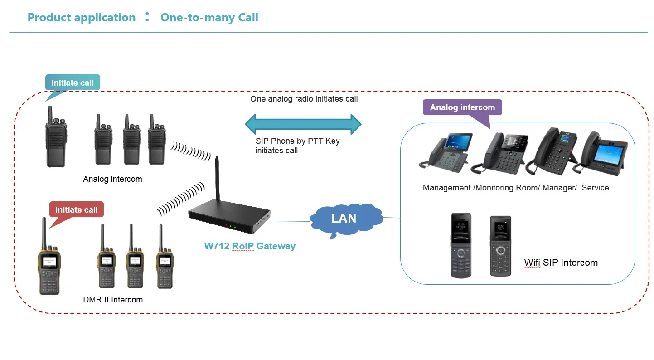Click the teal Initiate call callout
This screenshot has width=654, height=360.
click(x=73, y=83)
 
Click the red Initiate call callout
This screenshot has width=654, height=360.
click(x=76, y=209)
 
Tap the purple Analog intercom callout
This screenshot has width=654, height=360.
click(x=462, y=107)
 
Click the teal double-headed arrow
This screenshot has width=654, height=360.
click(x=303, y=123)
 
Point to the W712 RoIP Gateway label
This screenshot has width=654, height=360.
click(x=250, y=246)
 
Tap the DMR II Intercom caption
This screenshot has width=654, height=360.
click(x=113, y=299)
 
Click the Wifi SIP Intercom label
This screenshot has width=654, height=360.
click(x=561, y=262)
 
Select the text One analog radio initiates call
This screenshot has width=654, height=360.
click(x=304, y=98)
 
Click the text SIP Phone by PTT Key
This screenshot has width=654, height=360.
click(x=297, y=141)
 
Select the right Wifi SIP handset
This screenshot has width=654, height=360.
click(x=500, y=246)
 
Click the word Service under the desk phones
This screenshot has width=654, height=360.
click(x=595, y=187)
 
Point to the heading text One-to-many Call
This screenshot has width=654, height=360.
click(x=209, y=18)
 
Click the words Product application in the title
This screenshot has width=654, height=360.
click(x=82, y=18)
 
